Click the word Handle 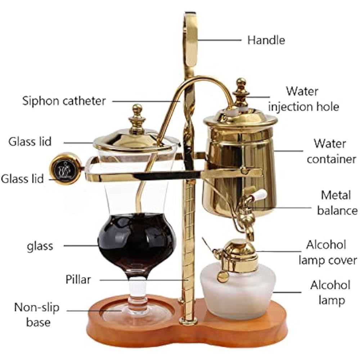coord(266,40)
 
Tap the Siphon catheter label coord(64,101)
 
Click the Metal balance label coord(337,203)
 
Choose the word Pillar coord(78,279)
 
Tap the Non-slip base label coord(37,315)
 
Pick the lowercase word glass coord(40,246)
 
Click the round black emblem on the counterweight coord(66,168)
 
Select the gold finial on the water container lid coord(240,88)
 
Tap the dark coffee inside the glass coord(137,241)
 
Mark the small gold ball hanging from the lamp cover coord(223,276)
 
